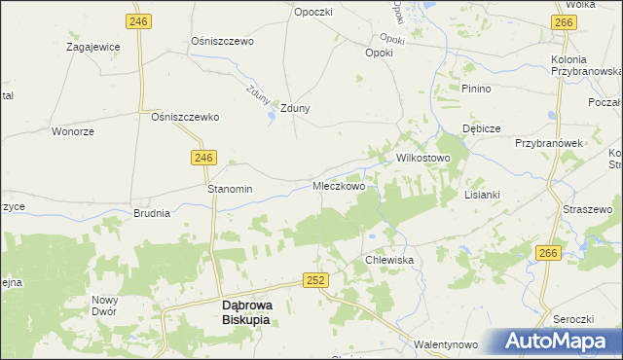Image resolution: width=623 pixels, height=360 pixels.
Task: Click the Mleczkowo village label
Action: pyautogui.click(x=339, y=186)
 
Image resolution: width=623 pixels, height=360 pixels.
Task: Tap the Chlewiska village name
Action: pyautogui.click(x=389, y=261)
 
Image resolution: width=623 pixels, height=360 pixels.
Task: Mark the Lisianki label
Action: pyautogui.click(x=482, y=194)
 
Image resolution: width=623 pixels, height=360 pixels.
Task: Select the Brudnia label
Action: pyautogui.click(x=152, y=212)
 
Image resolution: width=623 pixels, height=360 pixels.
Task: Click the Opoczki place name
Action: pyautogui.click(x=313, y=11)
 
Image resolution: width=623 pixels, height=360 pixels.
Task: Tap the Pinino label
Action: pyautogui.click(x=477, y=89)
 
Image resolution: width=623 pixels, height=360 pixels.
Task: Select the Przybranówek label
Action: pyautogui.click(x=548, y=142)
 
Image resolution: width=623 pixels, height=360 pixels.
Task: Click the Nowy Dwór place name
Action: pyautogui.click(x=104, y=306)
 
